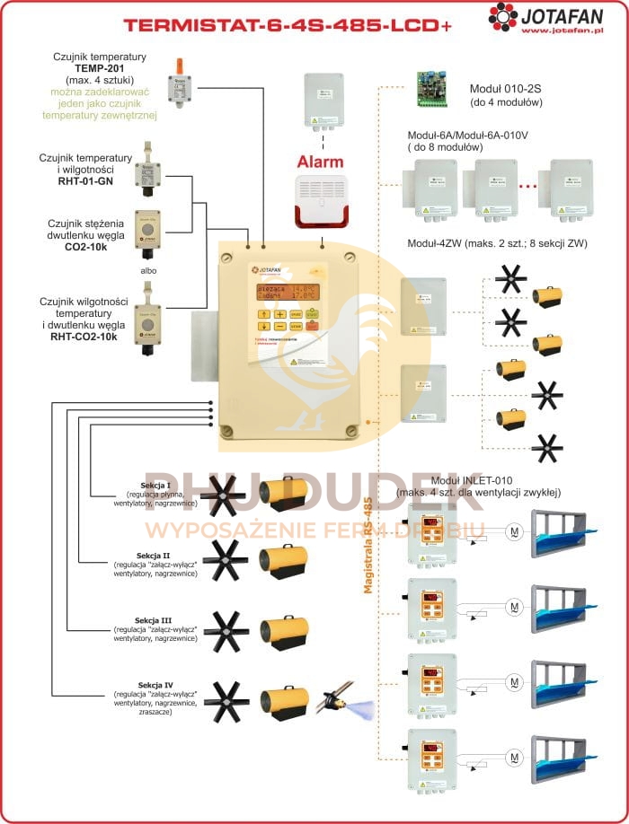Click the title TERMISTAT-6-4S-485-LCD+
click(288, 25)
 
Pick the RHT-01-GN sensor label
click(85, 180)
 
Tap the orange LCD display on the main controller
click(286, 291)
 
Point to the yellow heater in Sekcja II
click(284, 559)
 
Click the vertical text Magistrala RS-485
click(368, 547)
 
